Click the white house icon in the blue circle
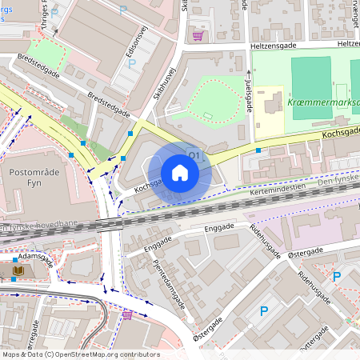(180, 173)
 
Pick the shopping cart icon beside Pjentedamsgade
(126, 314)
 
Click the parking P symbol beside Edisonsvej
(132, 62)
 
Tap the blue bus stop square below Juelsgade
(258, 150)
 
